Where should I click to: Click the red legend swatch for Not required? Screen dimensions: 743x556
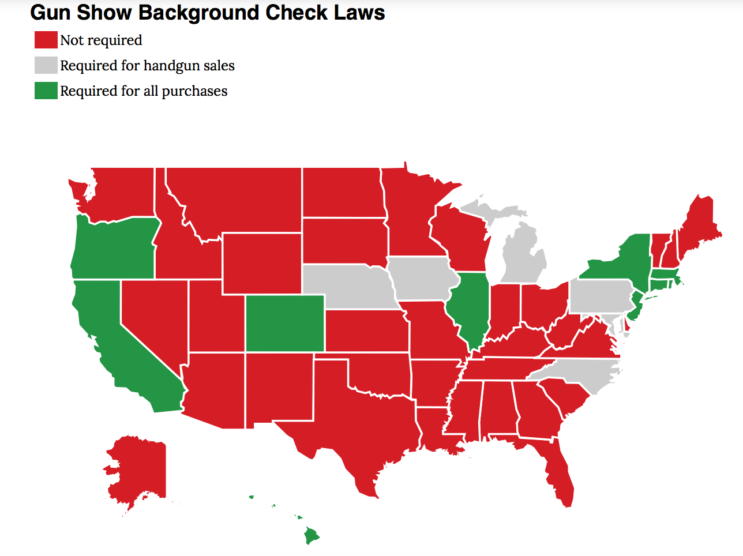point(46,40)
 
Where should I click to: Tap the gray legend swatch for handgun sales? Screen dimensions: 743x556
point(46,65)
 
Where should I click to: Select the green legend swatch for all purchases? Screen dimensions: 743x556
point(46,91)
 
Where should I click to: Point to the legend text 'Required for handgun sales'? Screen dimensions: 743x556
point(147,66)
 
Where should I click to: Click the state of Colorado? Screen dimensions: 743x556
point(285,323)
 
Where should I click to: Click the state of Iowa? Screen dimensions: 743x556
point(420,279)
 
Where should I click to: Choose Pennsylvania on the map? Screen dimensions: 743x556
point(600,296)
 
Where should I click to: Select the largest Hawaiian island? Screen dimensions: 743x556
point(311,536)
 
